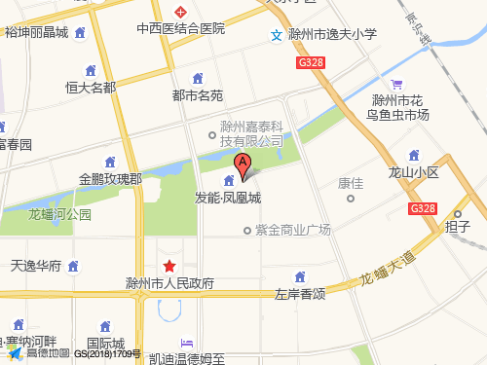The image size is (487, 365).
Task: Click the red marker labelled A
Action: (243, 164)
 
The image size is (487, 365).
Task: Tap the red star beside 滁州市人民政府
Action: (169, 266)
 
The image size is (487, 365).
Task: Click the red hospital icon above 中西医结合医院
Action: (180, 12)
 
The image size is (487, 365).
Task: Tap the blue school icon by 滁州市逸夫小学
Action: (277, 36)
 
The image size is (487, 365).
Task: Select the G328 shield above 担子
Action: (423, 208)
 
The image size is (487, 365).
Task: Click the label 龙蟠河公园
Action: (60, 214)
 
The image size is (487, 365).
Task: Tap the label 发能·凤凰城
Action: (228, 198)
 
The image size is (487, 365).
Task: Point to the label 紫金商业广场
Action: (293, 231)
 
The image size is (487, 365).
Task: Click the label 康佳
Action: (350, 182)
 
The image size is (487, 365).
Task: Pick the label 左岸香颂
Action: (299, 293)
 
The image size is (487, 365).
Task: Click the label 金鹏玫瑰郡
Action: (110, 179)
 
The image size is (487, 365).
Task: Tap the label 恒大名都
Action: (91, 87)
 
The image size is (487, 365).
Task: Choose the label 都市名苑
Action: (198, 95)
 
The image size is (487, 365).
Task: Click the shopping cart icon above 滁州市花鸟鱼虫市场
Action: (395, 84)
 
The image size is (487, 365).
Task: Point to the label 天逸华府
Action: (36, 265)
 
